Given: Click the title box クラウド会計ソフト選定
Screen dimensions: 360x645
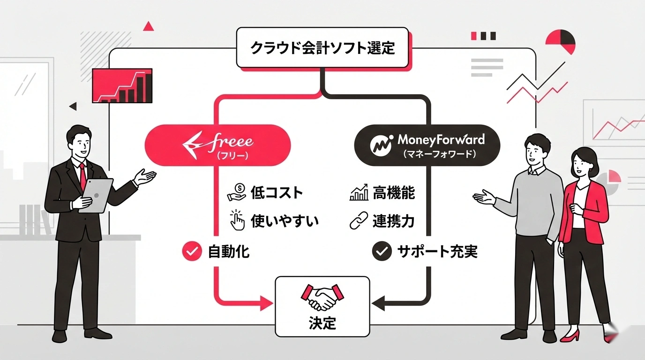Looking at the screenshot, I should [x=322, y=48].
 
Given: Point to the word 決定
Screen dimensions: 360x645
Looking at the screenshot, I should [x=322, y=323].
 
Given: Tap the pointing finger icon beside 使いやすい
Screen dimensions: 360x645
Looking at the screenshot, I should [x=238, y=220].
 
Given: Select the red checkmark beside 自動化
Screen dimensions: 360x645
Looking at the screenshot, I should [x=191, y=252].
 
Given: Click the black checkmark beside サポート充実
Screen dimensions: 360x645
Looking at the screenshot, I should [x=381, y=252].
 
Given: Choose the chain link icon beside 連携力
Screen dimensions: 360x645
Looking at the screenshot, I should [x=359, y=220].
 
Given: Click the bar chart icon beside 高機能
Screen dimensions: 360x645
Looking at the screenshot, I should [x=359, y=193].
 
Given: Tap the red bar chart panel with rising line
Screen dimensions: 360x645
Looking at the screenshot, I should [x=123, y=85].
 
